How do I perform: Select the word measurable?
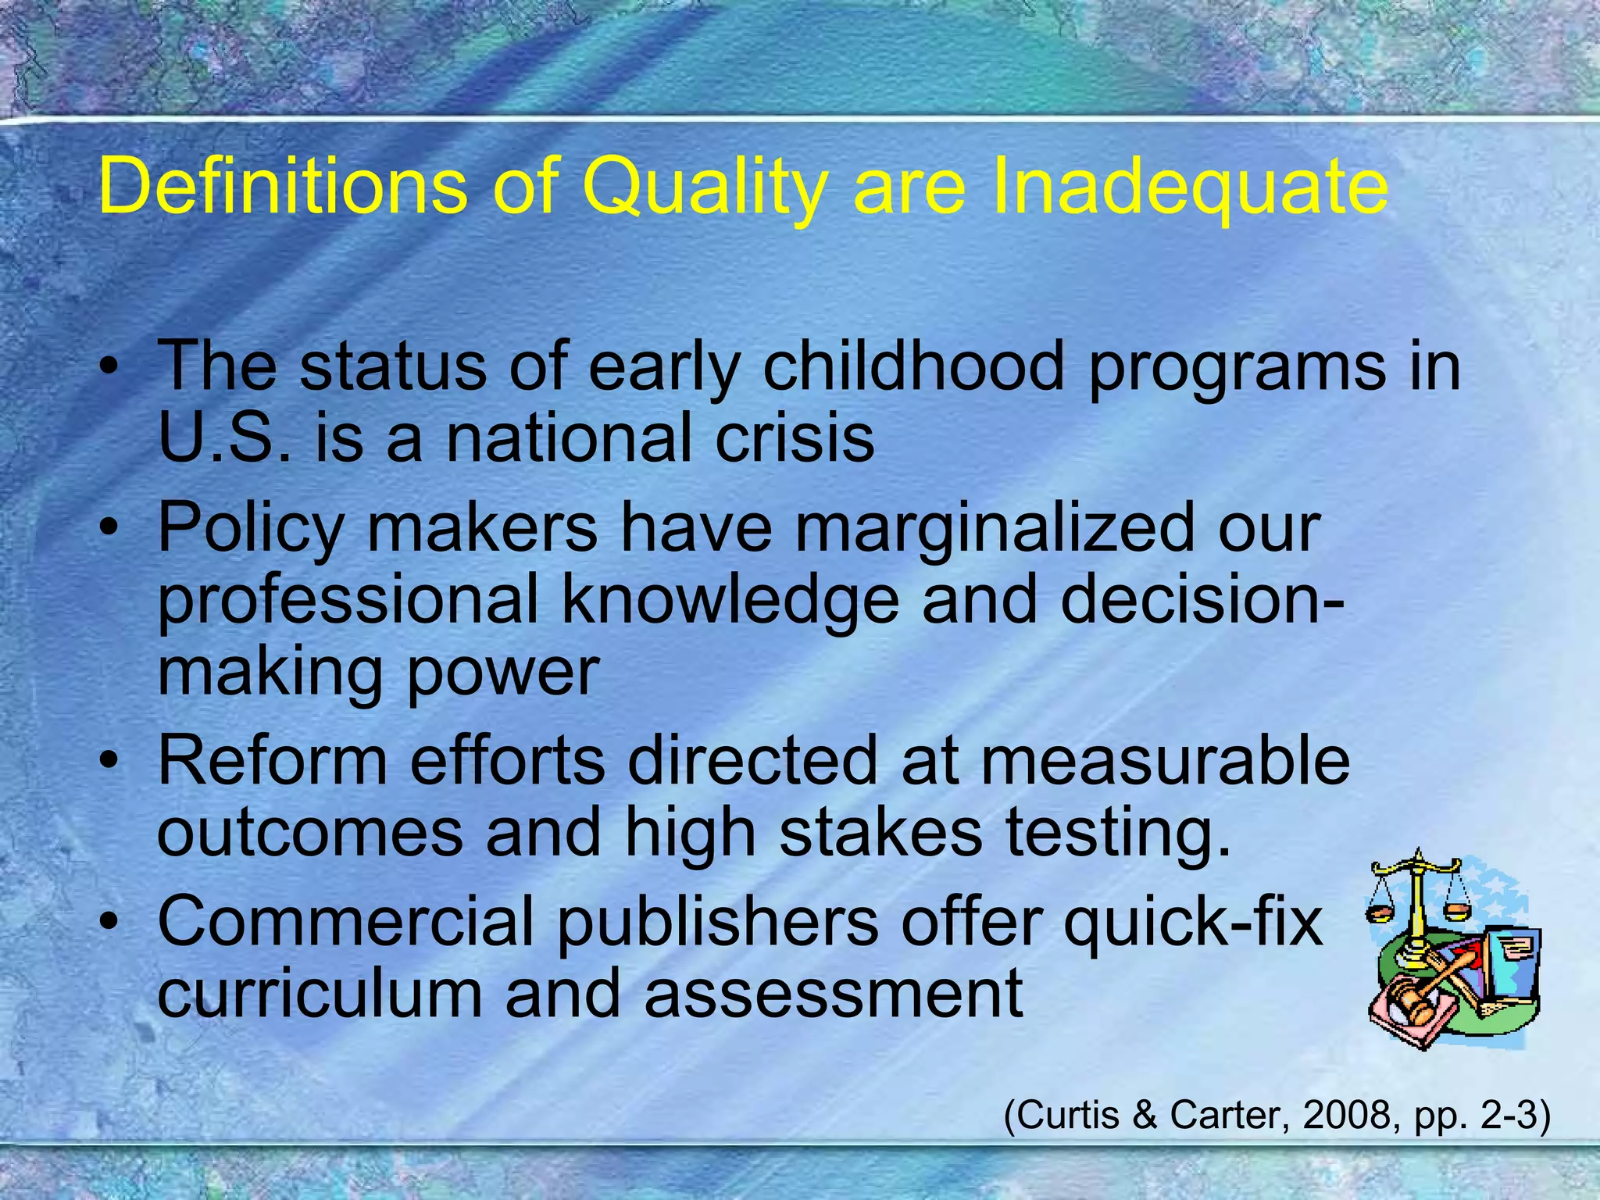1165,761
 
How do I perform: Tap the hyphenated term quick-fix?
1192,922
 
